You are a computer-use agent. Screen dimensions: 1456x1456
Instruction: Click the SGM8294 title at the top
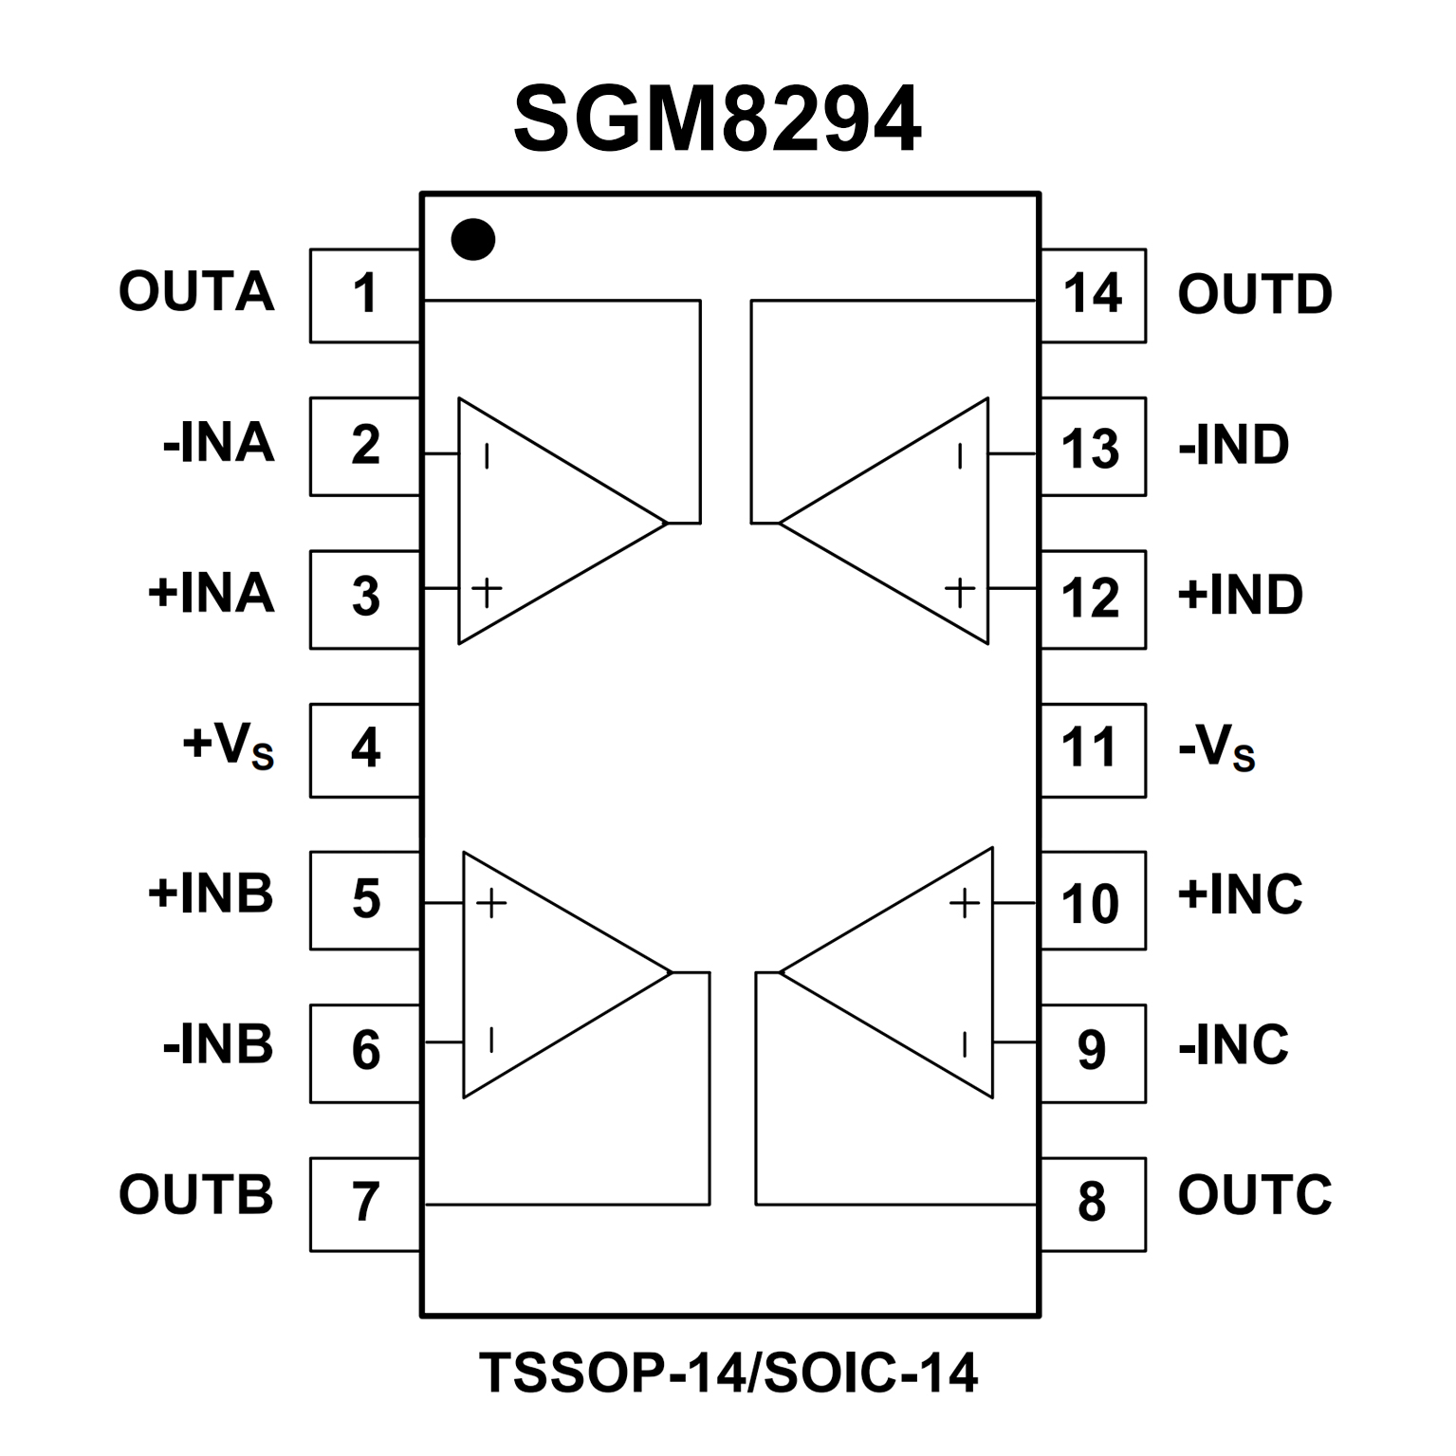716,120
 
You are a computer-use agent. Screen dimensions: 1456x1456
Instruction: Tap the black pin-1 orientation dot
472,239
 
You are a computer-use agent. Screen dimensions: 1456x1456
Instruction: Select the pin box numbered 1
365,295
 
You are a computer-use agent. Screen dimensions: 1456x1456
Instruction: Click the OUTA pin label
196,291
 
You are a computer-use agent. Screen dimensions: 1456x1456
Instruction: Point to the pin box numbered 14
1093,295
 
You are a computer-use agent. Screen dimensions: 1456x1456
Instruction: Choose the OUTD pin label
1254,294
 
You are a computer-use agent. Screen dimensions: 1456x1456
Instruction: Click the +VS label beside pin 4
229,747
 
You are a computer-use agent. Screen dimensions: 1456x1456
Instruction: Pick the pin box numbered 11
1093,749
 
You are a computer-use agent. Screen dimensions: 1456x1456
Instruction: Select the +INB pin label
211,894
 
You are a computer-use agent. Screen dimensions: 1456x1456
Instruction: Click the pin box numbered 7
365,1204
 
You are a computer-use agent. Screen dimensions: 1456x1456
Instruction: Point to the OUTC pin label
1254,1194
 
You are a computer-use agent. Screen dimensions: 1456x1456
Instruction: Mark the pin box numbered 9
1093,1052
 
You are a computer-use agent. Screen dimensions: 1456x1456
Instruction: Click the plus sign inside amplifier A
487,592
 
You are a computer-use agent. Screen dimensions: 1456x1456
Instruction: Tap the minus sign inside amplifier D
960,456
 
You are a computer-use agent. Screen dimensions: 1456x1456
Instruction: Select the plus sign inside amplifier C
964,903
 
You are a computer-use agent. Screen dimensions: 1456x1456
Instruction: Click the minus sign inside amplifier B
490,1041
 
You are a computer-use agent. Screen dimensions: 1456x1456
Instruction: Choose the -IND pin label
1233,444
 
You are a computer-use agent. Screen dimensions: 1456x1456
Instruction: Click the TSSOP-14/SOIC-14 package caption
728,1373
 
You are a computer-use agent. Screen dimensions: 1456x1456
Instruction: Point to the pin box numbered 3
365,599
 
